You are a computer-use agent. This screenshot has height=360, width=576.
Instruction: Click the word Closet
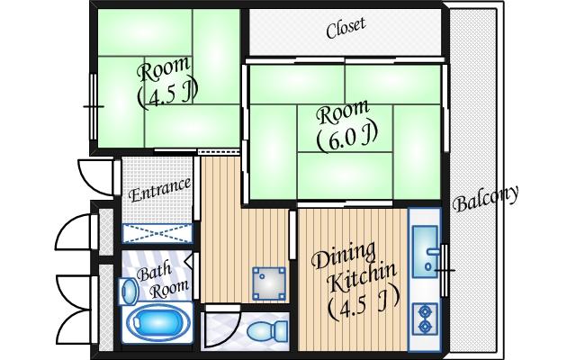[x=346, y=27]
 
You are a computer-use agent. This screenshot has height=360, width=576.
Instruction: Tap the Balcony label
[x=486, y=200]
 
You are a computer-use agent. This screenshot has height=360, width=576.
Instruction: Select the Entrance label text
[x=160, y=190]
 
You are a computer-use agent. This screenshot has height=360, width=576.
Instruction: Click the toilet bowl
[x=266, y=331]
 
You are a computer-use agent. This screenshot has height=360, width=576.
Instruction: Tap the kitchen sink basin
[x=425, y=252]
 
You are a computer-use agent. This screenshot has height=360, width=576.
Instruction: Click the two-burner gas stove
[x=426, y=319]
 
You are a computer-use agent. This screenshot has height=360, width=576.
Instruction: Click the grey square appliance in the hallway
[x=269, y=283]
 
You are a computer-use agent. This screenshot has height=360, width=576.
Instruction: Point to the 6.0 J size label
[x=347, y=138]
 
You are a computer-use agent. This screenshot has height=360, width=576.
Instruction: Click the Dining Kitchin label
[x=354, y=268]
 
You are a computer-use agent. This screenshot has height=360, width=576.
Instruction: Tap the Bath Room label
[x=162, y=280]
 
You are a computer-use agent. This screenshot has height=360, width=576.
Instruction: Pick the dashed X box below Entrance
[x=157, y=233]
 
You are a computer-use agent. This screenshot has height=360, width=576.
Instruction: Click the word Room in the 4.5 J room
[x=164, y=69]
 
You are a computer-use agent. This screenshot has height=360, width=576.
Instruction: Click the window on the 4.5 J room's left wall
[x=94, y=106]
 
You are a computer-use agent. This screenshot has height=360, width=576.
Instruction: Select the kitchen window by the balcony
[x=445, y=270]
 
